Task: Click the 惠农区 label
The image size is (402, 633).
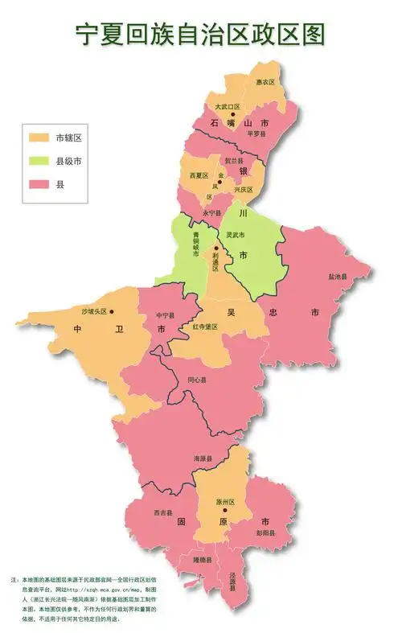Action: pyautogui.click(x=265, y=82)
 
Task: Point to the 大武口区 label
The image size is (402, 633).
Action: pyautogui.click(x=228, y=107)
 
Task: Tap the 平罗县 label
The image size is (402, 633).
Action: pyautogui.click(x=256, y=134)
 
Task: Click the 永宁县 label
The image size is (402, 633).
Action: pyautogui.click(x=211, y=212)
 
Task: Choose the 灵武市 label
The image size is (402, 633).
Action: pyautogui.click(x=235, y=235)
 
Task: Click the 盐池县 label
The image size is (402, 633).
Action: pyautogui.click(x=338, y=277)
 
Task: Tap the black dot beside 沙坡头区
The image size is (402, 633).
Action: pyautogui.click(x=112, y=311)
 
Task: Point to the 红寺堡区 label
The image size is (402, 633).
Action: pyautogui.click(x=205, y=327)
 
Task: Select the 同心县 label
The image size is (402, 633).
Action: pyautogui.click(x=197, y=380)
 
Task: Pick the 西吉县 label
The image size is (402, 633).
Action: pyautogui.click(x=162, y=512)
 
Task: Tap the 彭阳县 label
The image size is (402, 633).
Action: pyautogui.click(x=266, y=532)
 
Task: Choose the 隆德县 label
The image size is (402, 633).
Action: pyautogui.click(x=202, y=558)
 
